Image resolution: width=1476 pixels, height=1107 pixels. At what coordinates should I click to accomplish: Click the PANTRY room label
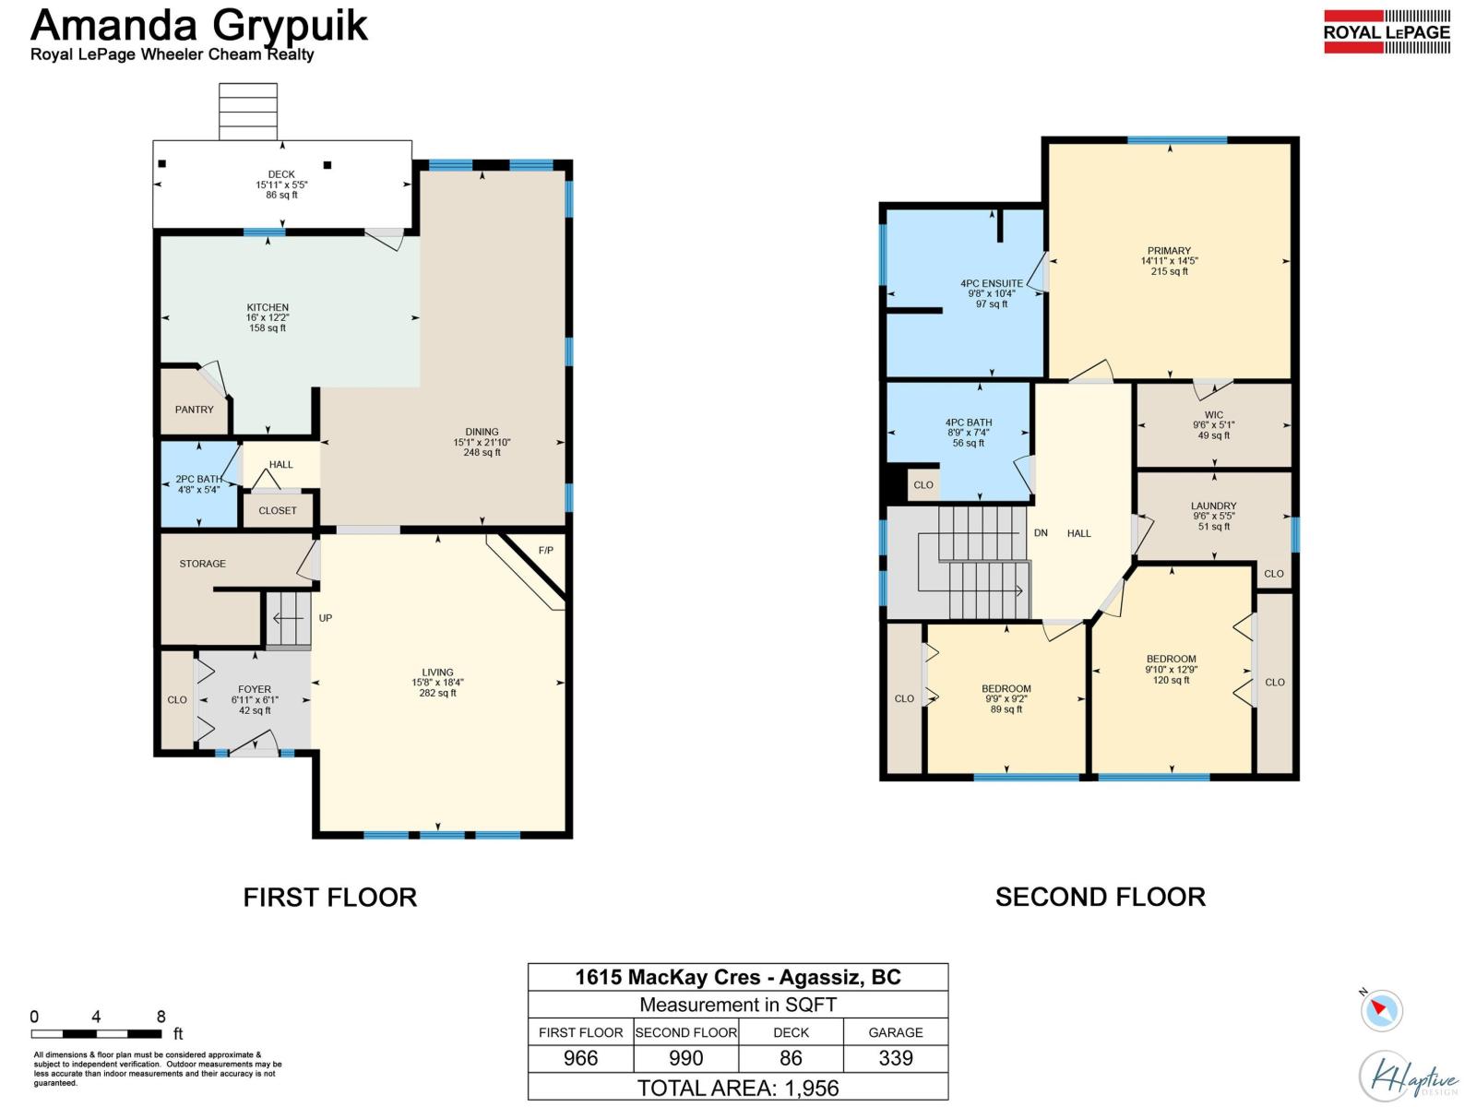coord(194,410)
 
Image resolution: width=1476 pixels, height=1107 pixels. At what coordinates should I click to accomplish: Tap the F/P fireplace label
coord(546,551)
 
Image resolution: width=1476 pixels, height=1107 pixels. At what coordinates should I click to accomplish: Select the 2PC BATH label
coord(198,479)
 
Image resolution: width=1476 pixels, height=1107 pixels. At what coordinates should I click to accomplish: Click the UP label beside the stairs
coord(326,618)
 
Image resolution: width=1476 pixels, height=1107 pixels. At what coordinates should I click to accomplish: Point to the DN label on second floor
coord(1041,533)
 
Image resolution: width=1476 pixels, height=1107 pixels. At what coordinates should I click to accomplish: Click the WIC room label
coord(1213,415)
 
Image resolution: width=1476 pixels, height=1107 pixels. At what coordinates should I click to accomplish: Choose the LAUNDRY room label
coord(1213,506)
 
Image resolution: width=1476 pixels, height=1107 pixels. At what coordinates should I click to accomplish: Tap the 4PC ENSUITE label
coord(991,283)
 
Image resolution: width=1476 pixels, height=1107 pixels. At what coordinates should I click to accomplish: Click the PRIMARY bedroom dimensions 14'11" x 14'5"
coord(1169,261)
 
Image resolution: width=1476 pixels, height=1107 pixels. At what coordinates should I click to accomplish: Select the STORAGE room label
coord(202,564)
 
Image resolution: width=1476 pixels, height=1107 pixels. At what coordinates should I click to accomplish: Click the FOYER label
coord(255,689)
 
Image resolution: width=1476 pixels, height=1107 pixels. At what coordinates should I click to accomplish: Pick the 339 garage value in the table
coord(895,1058)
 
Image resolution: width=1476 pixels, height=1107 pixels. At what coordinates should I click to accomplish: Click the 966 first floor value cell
coord(580,1058)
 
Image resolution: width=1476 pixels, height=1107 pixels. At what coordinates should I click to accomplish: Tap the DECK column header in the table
coord(791,1032)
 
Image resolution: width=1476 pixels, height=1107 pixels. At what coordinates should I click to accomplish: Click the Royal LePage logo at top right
coord(1387,32)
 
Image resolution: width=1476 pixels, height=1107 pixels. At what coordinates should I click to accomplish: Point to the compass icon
coord(1381,1009)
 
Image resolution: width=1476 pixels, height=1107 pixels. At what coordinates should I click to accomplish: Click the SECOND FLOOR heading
coord(1100,897)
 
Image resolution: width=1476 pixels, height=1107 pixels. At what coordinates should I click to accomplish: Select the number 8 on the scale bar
coord(161,1017)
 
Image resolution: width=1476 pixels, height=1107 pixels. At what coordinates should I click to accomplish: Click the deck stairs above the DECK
coord(248,111)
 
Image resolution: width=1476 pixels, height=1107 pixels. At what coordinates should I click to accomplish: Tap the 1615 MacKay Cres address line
coord(737,977)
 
